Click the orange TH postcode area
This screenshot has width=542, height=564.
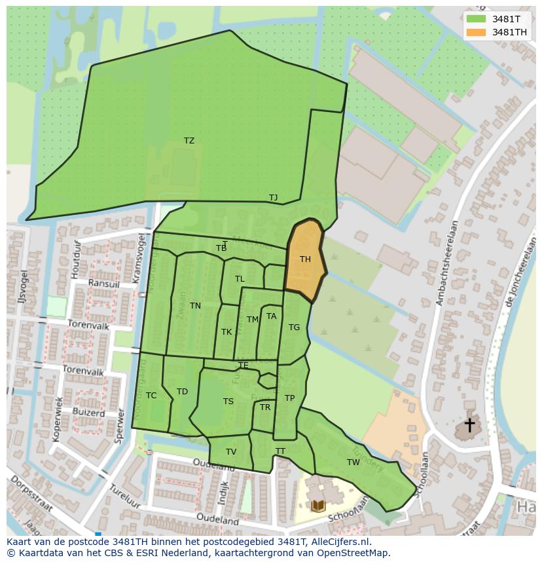tap(305, 259)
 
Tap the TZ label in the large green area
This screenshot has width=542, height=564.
tap(189, 141)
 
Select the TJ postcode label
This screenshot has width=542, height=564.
tap(273, 197)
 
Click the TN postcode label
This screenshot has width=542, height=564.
tap(195, 306)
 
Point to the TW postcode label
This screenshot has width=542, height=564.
tap(353, 462)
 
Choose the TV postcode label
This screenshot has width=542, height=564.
tap(231, 452)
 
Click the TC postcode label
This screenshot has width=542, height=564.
tap(151, 396)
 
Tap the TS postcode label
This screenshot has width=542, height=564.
tap(228, 402)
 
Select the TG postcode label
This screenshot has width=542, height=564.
tap(294, 328)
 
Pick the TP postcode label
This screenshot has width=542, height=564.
tap(289, 398)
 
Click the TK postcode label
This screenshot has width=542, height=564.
tap(226, 332)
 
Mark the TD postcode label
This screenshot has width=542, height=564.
tap(182, 392)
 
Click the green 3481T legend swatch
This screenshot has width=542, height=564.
tap(476, 19)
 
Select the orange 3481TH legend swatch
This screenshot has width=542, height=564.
tap(476, 32)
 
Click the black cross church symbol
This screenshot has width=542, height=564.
tap(469, 425)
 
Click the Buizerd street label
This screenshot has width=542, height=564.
tap(88, 413)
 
